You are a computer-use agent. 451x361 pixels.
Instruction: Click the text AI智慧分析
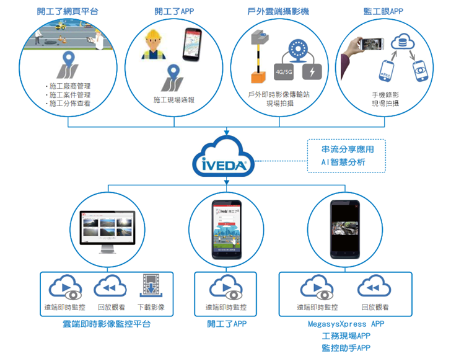pyautogui.click(x=347, y=163)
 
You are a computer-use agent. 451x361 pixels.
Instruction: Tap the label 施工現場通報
pyautogui.click(x=173, y=100)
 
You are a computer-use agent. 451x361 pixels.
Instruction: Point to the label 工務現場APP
pyautogui.click(x=346, y=336)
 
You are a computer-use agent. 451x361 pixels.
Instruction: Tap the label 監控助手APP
pyautogui.click(x=346, y=348)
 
